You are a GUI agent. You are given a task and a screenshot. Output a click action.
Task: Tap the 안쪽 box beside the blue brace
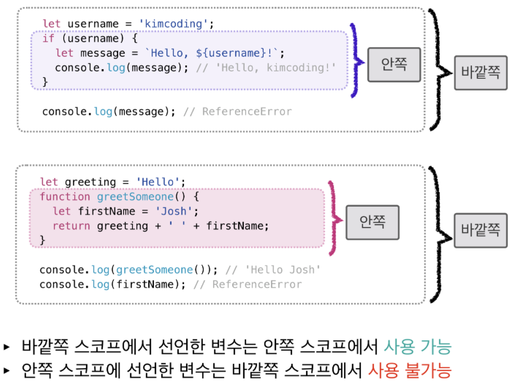394,65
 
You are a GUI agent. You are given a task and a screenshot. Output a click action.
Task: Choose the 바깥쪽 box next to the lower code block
480,231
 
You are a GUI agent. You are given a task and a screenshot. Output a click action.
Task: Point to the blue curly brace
357,60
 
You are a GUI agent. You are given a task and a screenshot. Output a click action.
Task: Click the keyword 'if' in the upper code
48,39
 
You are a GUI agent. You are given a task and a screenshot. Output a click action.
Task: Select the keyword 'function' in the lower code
65,197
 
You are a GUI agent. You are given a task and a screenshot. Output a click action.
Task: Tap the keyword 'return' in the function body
72,226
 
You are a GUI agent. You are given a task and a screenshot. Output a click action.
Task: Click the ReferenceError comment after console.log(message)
237,112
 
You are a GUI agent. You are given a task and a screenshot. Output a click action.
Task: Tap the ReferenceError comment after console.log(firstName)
247,285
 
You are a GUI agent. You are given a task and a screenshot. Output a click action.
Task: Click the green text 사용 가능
418,347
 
